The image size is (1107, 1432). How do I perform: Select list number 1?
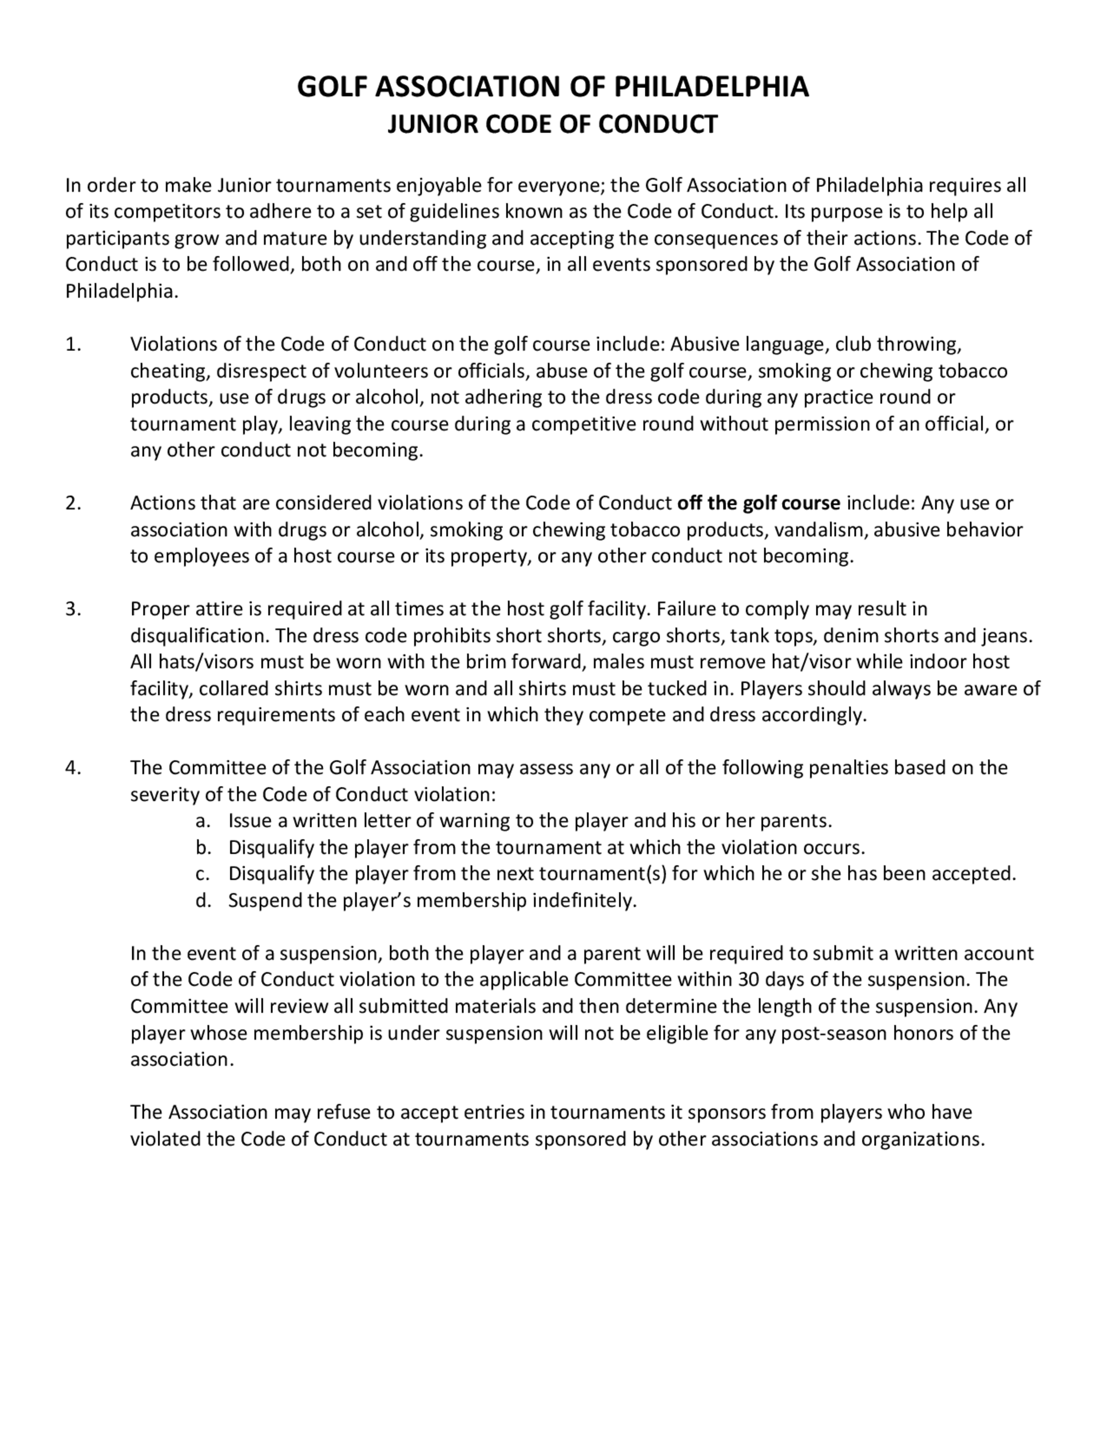74,344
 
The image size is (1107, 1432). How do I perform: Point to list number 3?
74,609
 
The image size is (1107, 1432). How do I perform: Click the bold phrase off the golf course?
758,503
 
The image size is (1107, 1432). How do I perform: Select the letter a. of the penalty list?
203,821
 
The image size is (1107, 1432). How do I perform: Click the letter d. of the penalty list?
203,900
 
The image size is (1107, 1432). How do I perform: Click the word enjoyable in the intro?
437,185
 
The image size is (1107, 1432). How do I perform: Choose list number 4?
74,768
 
